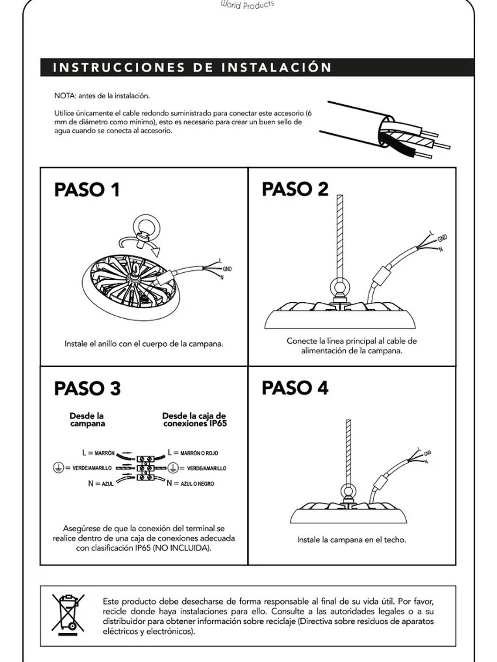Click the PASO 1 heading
click(87, 190)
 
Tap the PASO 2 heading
click(295, 189)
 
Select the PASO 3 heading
click(87, 388)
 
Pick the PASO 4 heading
click(295, 388)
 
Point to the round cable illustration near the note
click(384, 131)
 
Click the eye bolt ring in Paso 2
click(340, 288)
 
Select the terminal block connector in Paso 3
click(145, 468)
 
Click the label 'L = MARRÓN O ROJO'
click(193, 453)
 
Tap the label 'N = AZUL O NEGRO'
click(191, 483)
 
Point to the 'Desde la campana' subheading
click(87, 420)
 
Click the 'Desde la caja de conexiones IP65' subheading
click(194, 420)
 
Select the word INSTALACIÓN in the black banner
click(276, 68)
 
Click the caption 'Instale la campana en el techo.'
click(351, 540)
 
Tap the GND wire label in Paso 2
click(443, 238)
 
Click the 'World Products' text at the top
click(248, 5)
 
